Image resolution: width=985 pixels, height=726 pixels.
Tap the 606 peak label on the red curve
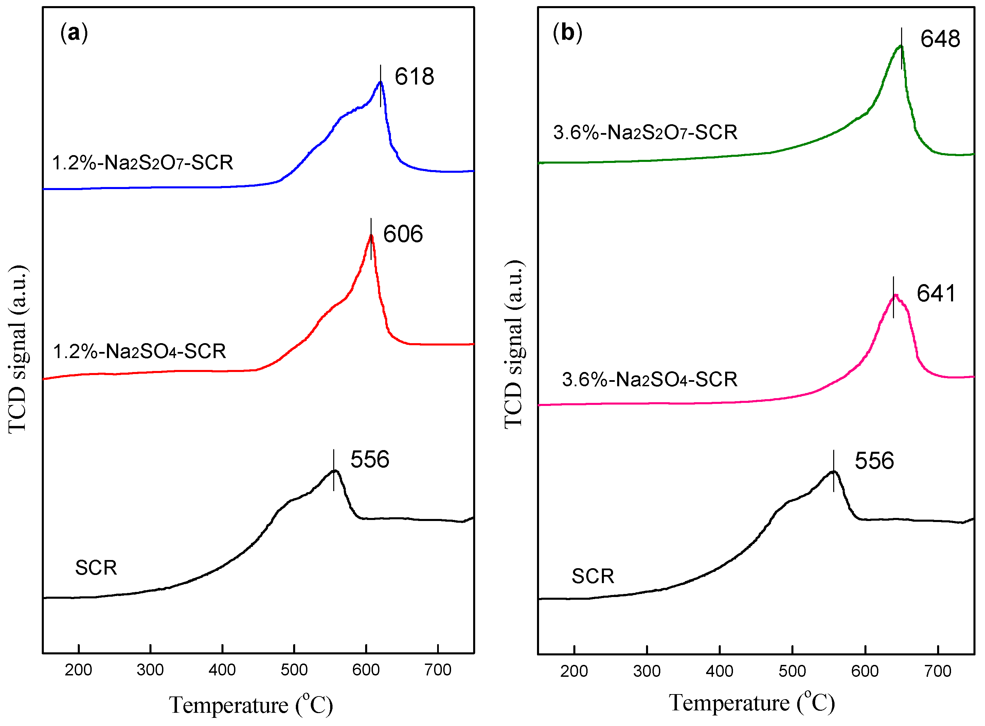point(403,234)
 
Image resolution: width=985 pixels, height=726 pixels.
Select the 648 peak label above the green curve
point(940,39)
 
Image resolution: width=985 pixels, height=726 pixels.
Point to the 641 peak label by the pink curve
point(936,293)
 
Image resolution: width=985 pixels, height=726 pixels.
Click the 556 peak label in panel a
point(370,459)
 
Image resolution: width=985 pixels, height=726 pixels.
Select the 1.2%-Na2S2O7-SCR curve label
point(142,163)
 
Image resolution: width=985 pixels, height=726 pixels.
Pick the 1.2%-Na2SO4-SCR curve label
point(139,352)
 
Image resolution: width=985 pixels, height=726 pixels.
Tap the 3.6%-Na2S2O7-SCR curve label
point(645,132)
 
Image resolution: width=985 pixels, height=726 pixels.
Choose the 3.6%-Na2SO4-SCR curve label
point(649,379)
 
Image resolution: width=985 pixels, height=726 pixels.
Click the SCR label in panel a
point(96,568)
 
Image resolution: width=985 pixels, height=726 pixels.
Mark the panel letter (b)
point(567,33)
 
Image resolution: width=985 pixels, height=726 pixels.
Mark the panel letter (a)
point(74,33)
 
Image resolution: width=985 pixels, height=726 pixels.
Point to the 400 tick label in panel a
point(222,670)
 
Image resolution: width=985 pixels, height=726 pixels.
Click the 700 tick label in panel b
point(937,671)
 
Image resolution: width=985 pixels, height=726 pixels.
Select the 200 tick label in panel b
point(574,671)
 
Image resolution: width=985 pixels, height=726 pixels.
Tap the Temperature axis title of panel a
point(251,705)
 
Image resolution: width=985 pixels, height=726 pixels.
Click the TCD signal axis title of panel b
point(514,344)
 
